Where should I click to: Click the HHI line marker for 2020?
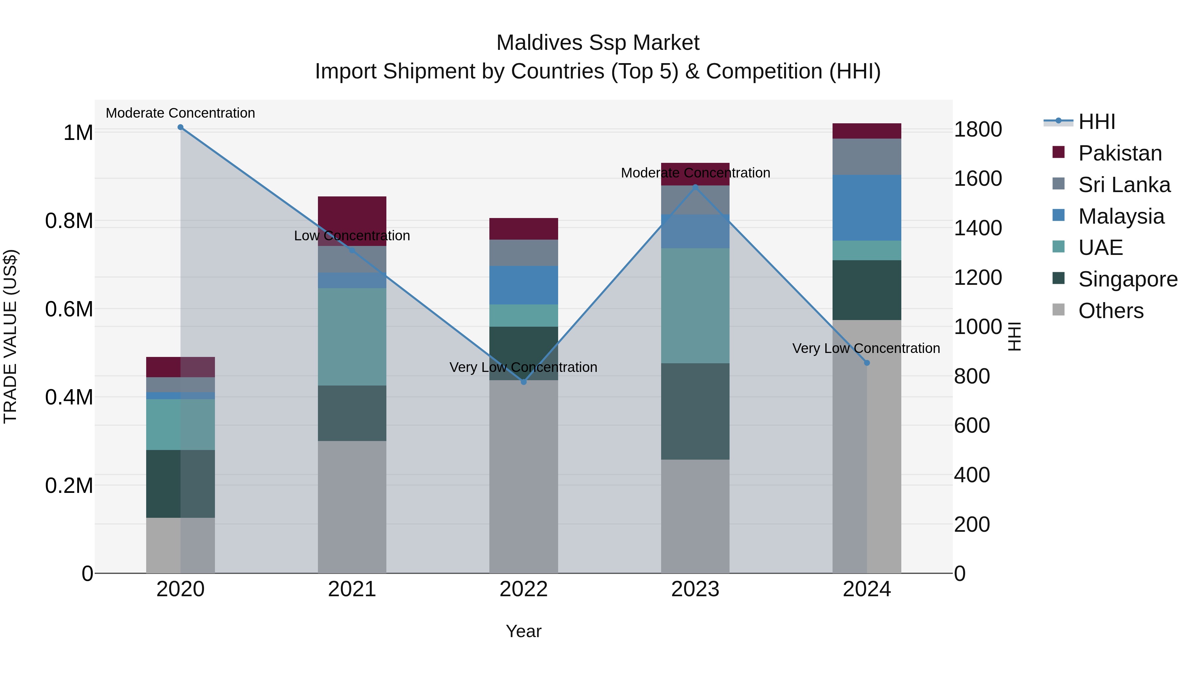click(x=181, y=127)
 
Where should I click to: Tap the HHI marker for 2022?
click(x=524, y=382)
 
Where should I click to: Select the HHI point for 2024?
click(x=867, y=363)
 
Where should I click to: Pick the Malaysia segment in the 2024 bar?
click(x=867, y=208)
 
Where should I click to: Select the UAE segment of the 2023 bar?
click(x=695, y=306)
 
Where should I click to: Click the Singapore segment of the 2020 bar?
click(x=181, y=484)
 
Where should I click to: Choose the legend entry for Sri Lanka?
click(x=1124, y=185)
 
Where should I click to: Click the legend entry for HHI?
click(x=1096, y=122)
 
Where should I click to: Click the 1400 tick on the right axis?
click(x=978, y=228)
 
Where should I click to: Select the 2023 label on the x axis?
click(x=695, y=589)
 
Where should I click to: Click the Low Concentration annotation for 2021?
click(x=352, y=236)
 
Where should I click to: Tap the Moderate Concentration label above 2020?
click(x=181, y=113)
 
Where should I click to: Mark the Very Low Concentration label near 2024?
click(x=866, y=348)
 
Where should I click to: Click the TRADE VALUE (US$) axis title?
click(x=10, y=336)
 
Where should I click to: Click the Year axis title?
click(x=524, y=631)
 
